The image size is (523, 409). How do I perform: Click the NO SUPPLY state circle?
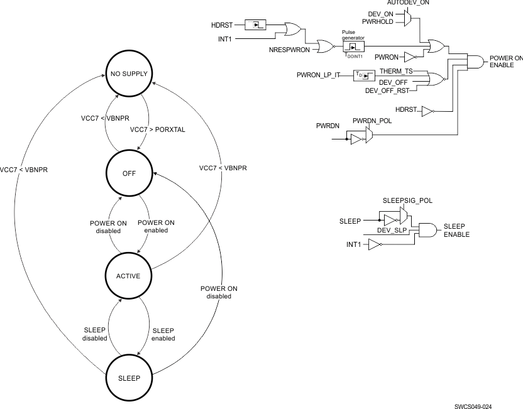pyautogui.click(x=129, y=74)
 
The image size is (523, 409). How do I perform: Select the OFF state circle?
pyautogui.click(x=129, y=173)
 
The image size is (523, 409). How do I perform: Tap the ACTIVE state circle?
pyautogui.click(x=129, y=276)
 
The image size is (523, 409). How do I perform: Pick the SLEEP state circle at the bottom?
pyautogui.click(x=129, y=378)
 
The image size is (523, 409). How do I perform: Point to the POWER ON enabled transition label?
pyautogui.click(x=156, y=227)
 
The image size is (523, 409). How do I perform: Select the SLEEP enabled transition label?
pyautogui.click(x=163, y=334)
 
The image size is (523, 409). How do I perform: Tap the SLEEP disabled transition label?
pyautogui.click(x=95, y=334)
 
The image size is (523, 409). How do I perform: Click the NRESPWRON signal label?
pyautogui.click(x=290, y=48)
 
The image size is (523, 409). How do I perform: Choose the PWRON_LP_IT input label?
pyautogui.click(x=318, y=75)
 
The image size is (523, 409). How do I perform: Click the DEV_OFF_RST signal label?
pyautogui.click(x=387, y=90)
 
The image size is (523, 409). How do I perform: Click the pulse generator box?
pyautogui.click(x=354, y=46)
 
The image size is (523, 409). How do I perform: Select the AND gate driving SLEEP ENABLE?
pyautogui.click(x=429, y=230)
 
